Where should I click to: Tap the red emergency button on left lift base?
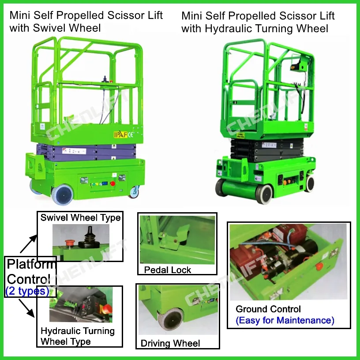pyautogui.click(x=112, y=183)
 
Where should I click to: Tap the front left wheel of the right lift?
pyautogui.click(x=265, y=193)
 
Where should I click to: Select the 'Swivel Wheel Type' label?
pyautogui.click(x=80, y=217)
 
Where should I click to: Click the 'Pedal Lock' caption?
pyautogui.click(x=168, y=270)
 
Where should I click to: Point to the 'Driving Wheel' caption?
pyautogui.click(x=170, y=343)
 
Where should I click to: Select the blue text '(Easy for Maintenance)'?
pyautogui.click(x=285, y=320)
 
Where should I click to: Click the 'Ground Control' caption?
pyautogui.click(x=268, y=309)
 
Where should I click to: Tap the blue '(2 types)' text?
pyautogui.click(x=27, y=291)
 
